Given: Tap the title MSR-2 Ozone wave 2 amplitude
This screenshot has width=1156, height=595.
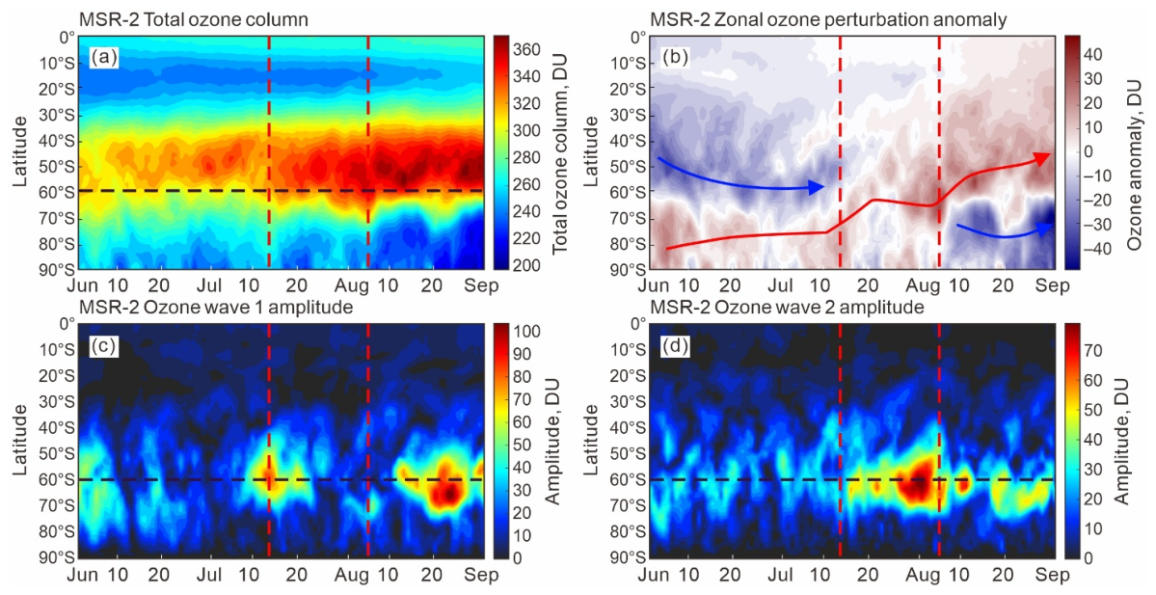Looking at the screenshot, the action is [787, 307].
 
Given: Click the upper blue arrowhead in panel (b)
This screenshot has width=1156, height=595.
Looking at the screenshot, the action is [816, 187].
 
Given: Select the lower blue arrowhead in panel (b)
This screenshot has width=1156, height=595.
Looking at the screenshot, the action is [1042, 230].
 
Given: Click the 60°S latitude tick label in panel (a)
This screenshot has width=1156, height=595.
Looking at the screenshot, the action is [55, 193].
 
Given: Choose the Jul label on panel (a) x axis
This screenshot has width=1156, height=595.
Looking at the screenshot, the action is [211, 285].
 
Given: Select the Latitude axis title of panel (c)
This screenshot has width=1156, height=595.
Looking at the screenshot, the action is [20, 439].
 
